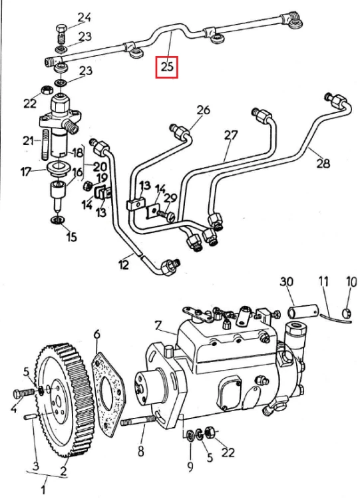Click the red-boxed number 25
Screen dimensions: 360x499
(x=166, y=67)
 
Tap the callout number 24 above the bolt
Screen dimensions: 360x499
(x=84, y=17)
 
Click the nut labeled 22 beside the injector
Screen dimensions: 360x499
(x=46, y=90)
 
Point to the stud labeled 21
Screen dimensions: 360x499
(x=45, y=145)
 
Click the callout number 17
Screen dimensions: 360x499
(x=26, y=172)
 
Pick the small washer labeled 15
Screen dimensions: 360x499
(x=58, y=220)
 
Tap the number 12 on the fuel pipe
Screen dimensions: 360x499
(x=124, y=264)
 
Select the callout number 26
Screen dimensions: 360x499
(x=204, y=110)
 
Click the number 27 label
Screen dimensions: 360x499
(x=230, y=136)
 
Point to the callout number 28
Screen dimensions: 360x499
(x=323, y=163)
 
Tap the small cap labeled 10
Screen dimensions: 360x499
(x=347, y=313)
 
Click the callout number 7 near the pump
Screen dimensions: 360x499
(x=158, y=326)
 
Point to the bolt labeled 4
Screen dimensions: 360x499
(x=23, y=393)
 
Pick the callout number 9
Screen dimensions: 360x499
(x=190, y=466)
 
